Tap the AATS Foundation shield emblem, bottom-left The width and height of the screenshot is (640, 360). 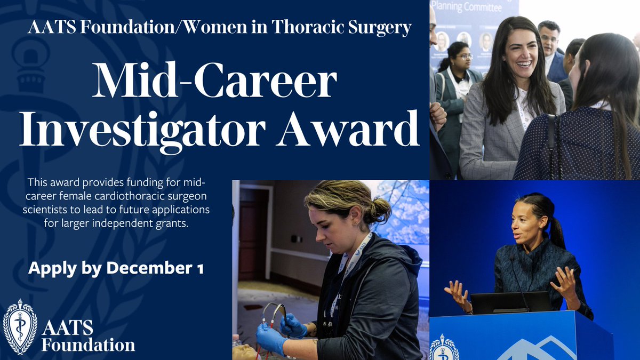pyautogui.click(x=20, y=326)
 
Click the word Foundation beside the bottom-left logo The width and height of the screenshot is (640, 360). pyautogui.click(x=89, y=345)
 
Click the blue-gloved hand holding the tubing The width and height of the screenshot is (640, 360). pyautogui.click(x=294, y=325)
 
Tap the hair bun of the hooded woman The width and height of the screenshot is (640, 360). pyautogui.click(x=380, y=209)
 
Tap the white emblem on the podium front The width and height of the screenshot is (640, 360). pyautogui.click(x=444, y=347)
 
